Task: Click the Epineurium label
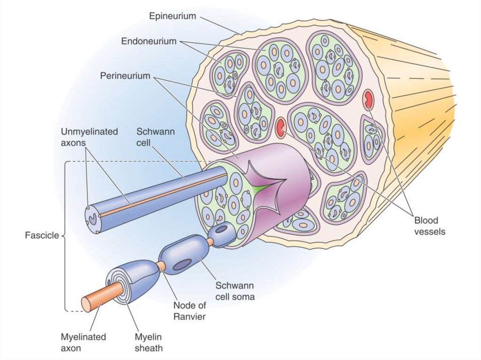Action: tap(172, 16)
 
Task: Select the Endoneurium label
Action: tap(148, 41)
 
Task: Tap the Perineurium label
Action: tap(125, 76)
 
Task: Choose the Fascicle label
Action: tap(41, 235)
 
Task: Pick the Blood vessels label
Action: tap(429, 226)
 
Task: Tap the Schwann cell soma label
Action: tap(235, 291)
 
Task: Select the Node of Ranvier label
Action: tap(189, 311)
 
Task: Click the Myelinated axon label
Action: tap(83, 343)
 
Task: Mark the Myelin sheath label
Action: tap(148, 343)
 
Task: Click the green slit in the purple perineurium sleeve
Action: tap(264, 186)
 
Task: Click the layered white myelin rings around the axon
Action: tap(117, 282)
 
